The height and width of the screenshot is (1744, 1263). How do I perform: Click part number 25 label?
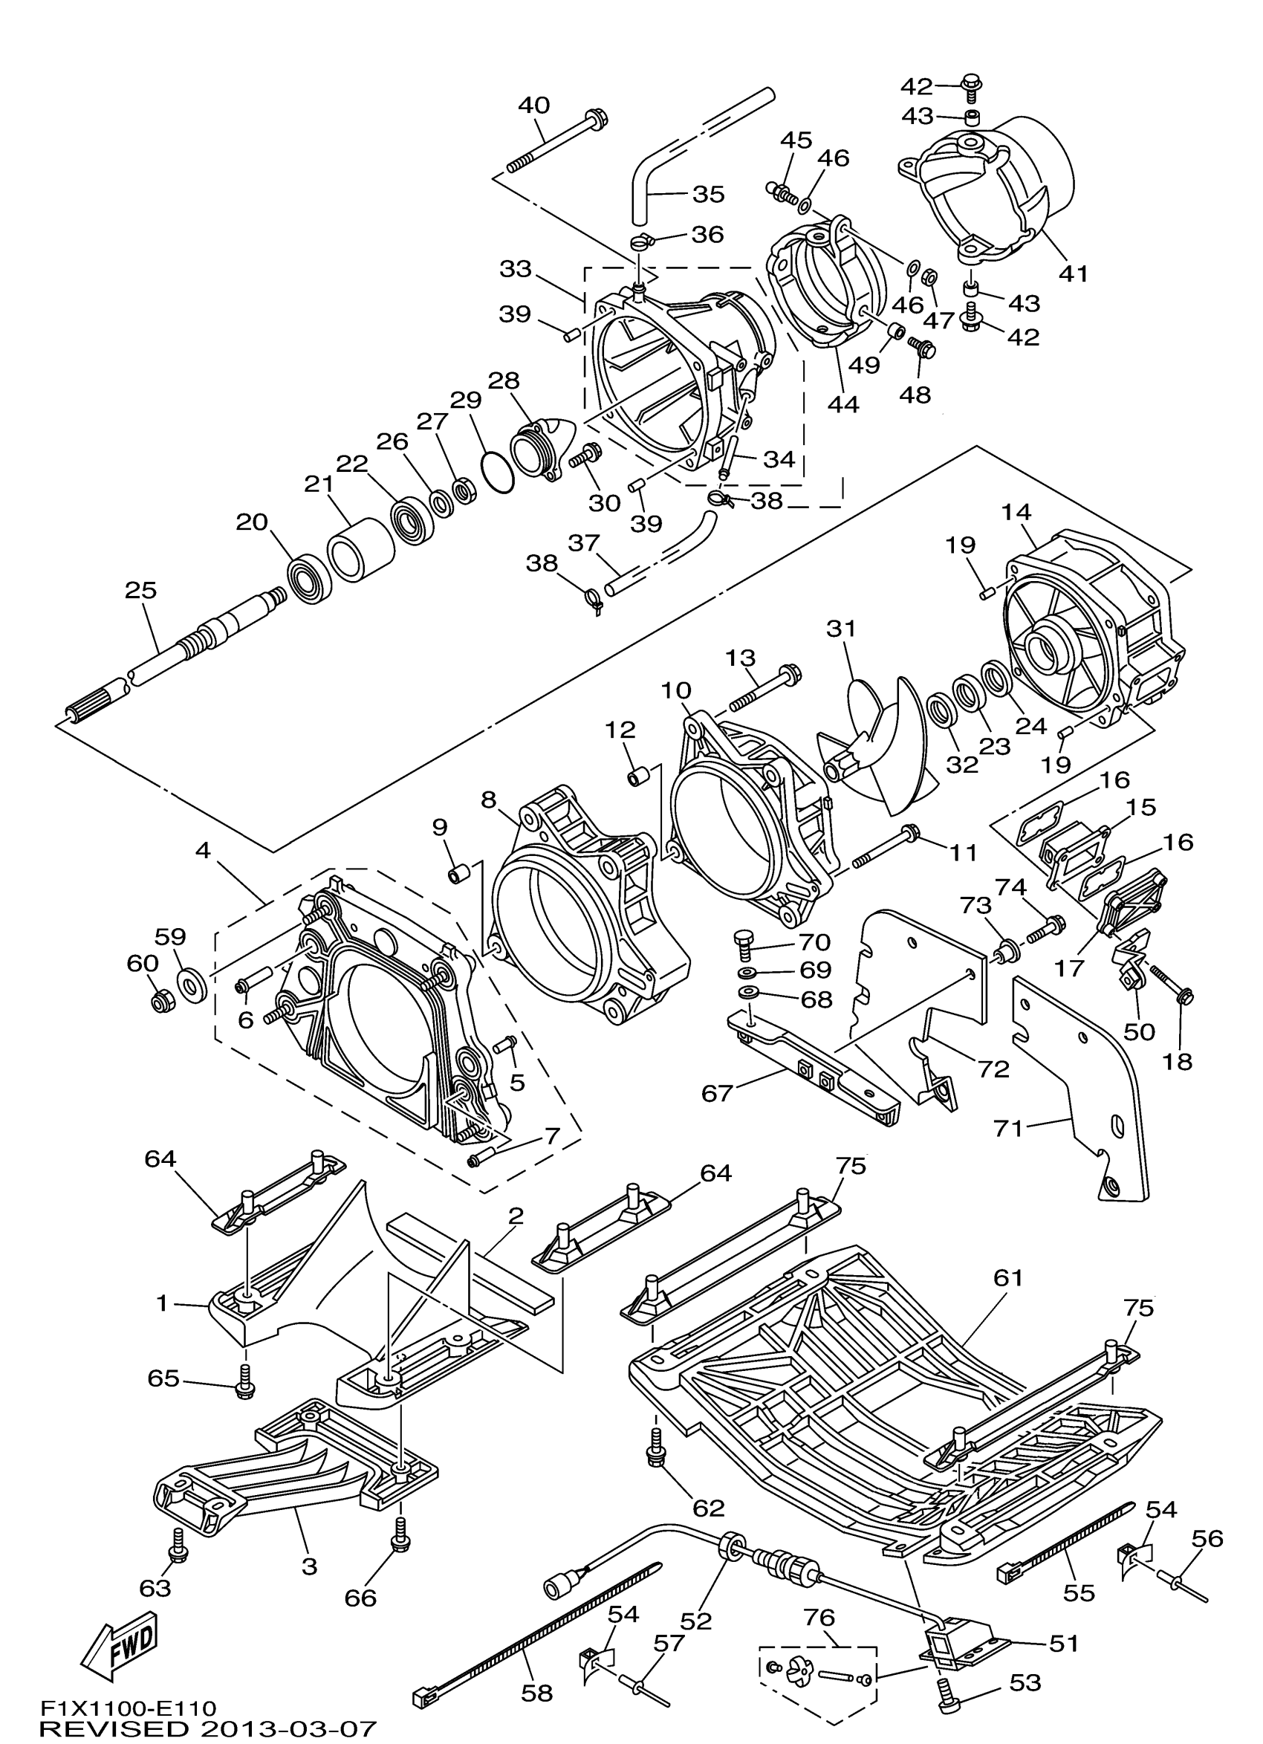(x=140, y=591)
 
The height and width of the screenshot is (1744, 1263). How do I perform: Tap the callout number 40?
(x=533, y=105)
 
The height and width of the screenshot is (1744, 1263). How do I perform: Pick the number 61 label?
(x=1007, y=1278)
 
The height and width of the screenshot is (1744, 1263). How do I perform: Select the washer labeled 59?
(x=192, y=985)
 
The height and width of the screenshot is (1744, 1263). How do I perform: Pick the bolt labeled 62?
(x=658, y=1456)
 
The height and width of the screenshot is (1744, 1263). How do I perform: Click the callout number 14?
(x=1016, y=512)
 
